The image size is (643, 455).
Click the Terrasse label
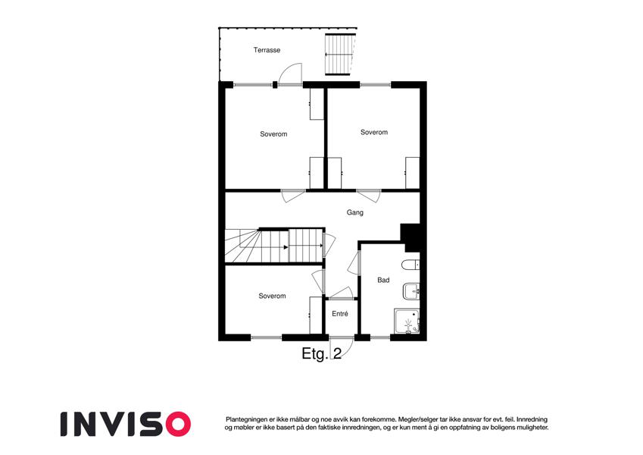(x=267, y=50)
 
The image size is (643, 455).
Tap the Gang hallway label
(x=354, y=213)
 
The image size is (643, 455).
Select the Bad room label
(x=383, y=280)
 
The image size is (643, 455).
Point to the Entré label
(x=340, y=314)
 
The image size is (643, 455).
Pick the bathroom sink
(x=411, y=291)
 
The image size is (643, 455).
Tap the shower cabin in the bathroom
(x=407, y=322)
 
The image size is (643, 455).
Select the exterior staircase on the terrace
(x=340, y=54)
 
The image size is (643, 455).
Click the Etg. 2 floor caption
(x=321, y=353)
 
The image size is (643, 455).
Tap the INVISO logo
(x=126, y=424)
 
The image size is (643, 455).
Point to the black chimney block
(x=410, y=237)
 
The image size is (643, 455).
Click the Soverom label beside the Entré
(x=272, y=296)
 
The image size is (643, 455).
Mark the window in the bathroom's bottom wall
(x=380, y=337)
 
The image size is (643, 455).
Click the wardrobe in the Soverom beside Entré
(x=316, y=315)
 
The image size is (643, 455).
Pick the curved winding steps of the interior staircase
(x=242, y=246)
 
